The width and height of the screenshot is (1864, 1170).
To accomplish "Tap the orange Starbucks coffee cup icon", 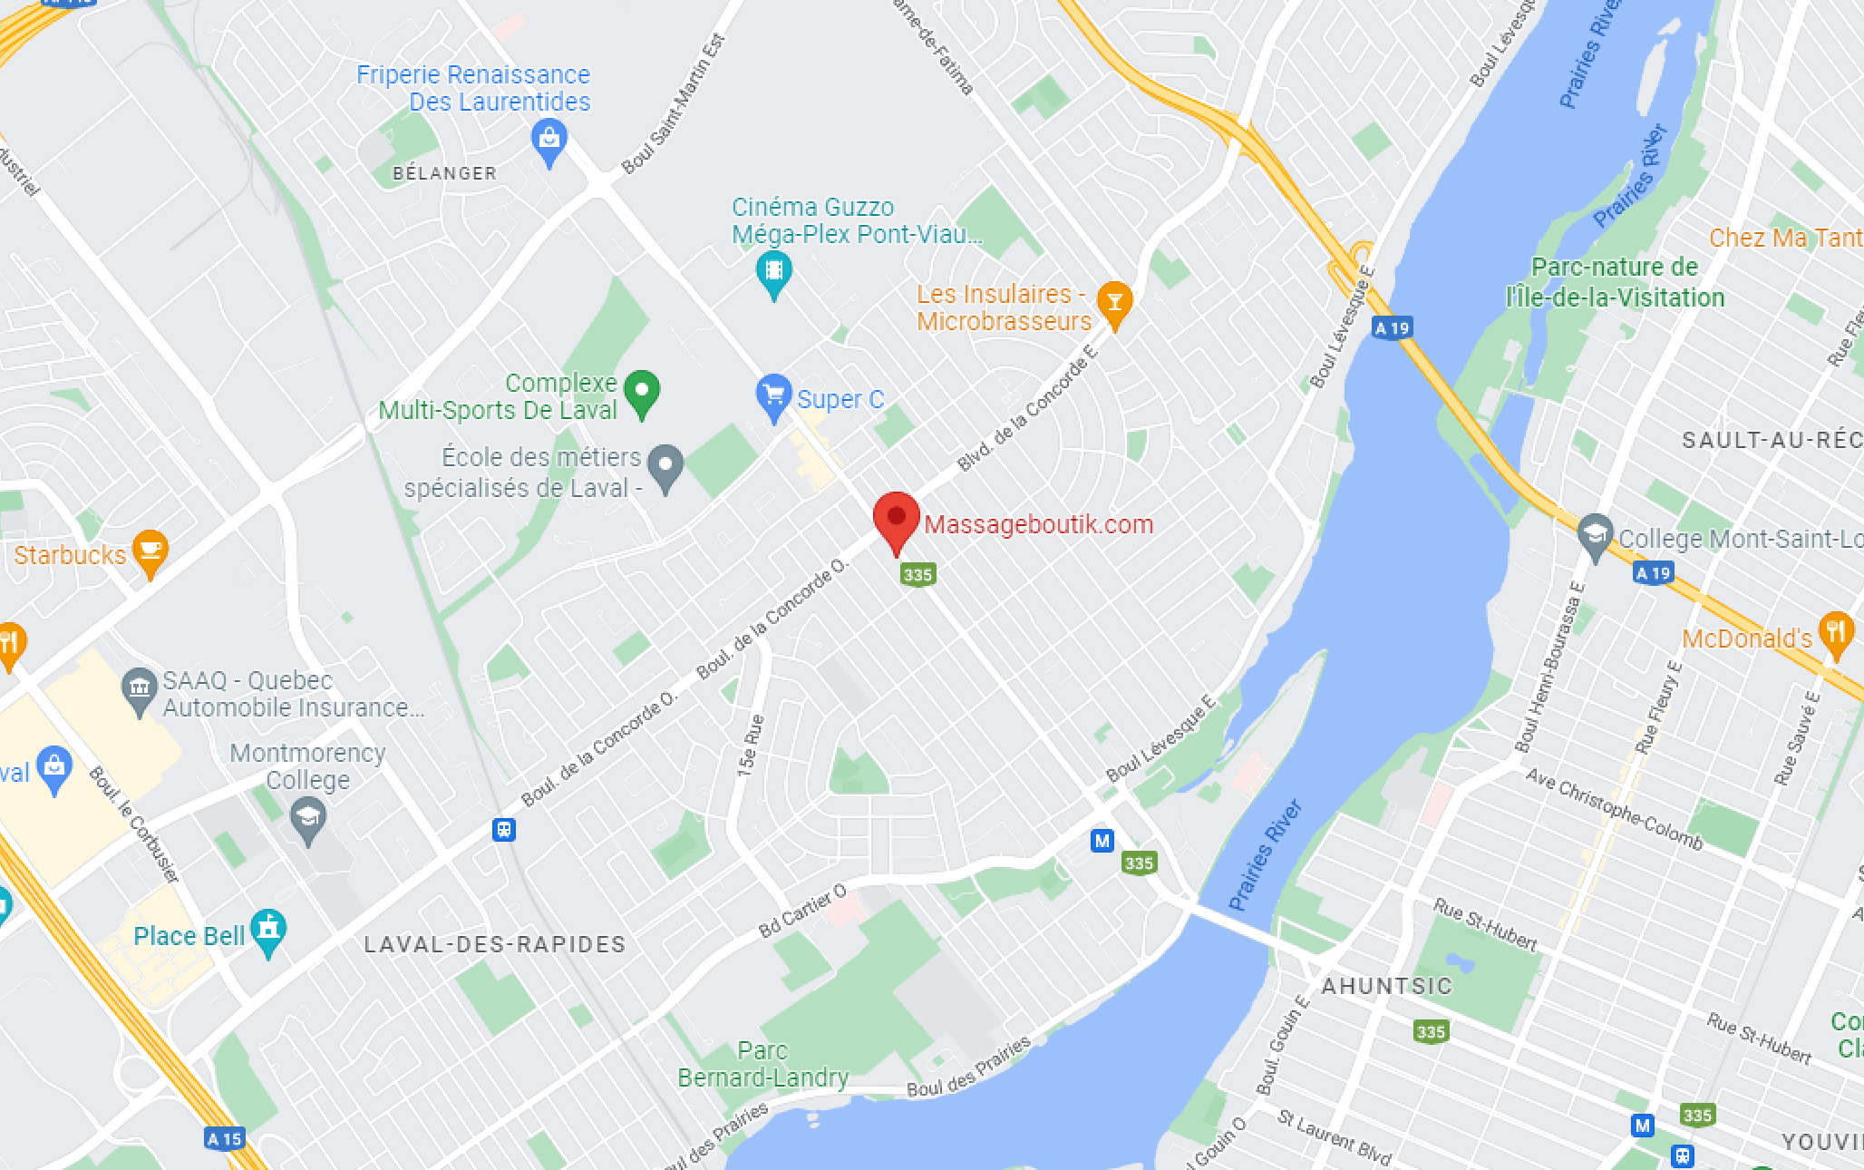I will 150,550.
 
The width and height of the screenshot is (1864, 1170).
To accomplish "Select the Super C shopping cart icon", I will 773,395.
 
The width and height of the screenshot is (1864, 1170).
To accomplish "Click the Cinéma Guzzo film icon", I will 773,271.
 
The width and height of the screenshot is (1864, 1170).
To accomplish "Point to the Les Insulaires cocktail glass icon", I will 1114,302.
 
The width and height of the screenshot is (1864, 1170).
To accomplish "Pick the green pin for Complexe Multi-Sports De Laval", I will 642,393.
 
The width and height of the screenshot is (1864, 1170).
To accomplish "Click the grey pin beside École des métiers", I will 665,466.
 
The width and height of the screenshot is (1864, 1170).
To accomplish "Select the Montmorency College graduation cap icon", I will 308,818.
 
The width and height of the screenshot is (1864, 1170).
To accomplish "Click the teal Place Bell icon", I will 268,930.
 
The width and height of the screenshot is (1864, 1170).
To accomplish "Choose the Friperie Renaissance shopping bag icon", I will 549,141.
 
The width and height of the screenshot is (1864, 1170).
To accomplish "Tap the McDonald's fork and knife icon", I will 1836,632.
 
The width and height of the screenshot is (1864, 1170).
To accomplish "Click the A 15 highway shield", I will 224,1139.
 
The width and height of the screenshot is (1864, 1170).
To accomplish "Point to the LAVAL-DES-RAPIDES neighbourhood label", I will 495,945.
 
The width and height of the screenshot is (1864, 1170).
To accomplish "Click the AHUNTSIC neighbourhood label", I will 1386,987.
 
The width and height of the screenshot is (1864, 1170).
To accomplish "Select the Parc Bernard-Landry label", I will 762,1064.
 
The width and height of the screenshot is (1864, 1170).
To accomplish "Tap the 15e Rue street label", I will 751,746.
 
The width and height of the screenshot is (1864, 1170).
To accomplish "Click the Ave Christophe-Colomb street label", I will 1614,809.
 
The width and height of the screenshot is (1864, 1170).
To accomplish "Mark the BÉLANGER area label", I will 444,173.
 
